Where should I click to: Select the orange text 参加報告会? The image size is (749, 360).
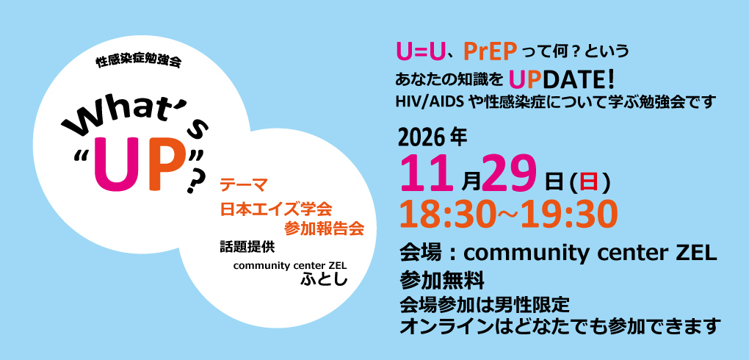click(324, 228)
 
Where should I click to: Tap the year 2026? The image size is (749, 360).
click(421, 139)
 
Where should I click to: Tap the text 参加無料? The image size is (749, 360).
click(442, 281)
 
